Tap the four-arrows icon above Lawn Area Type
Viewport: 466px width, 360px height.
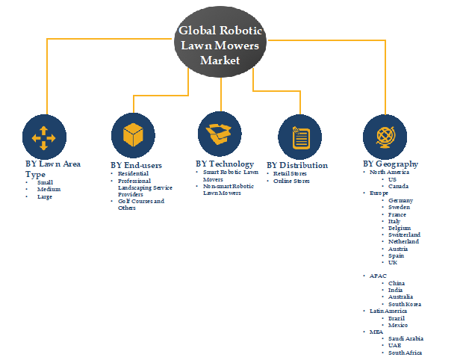[43, 135]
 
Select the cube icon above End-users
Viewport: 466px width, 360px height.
[133, 135]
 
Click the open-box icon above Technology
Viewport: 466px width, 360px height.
[220, 134]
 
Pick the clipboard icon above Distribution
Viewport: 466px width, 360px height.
[300, 137]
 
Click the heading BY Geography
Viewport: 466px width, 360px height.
[390, 164]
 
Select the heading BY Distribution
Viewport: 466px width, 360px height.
[296, 165]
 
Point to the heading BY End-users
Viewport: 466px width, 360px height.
[136, 165]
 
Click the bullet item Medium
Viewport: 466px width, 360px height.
[49, 189]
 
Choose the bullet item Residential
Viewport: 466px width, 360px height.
[134, 174]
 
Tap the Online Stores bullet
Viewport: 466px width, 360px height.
[291, 181]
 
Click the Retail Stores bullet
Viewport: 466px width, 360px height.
[290, 174]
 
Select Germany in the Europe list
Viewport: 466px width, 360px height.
[401, 201]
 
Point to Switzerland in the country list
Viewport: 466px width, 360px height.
[404, 235]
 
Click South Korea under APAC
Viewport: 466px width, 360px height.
[405, 303]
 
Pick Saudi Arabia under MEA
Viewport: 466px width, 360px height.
[406, 338]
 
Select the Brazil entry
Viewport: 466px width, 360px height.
[397, 318]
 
